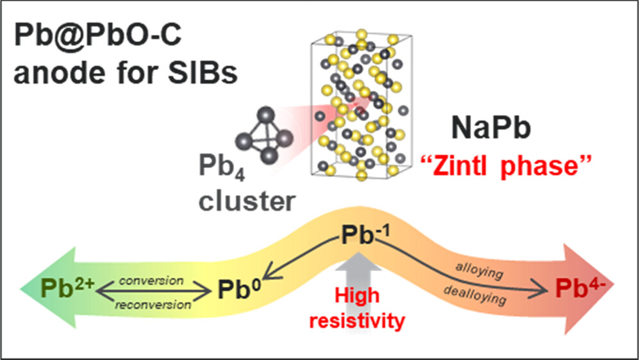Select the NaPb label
coord(491,129)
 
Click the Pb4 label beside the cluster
coord(221,175)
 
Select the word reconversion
coord(153,306)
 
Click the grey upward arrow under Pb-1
coord(363,272)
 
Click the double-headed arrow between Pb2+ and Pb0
coord(153,293)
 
